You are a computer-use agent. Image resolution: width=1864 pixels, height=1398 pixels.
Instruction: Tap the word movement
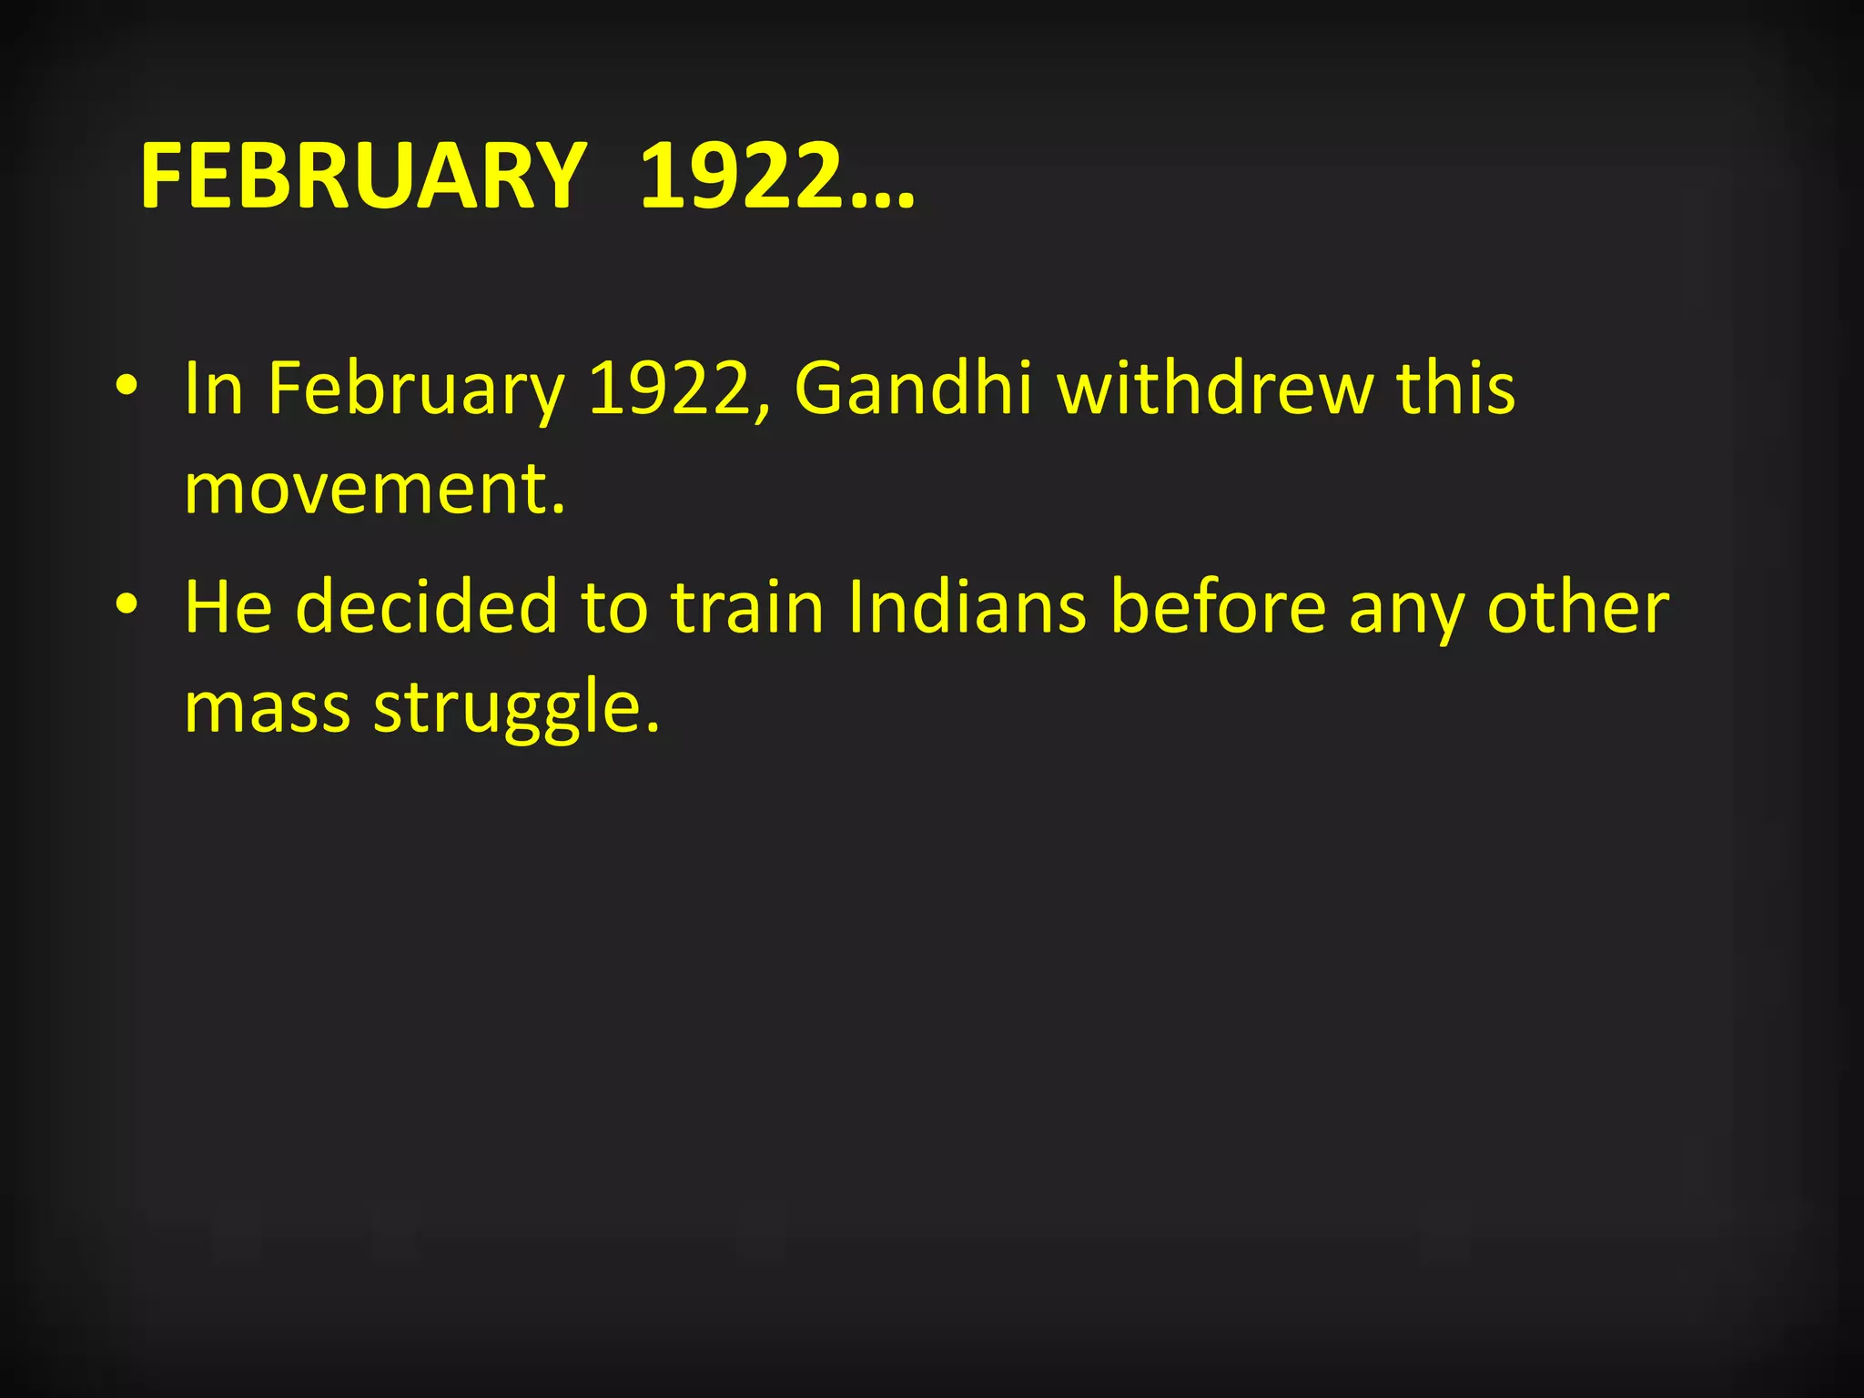pyautogui.click(x=374, y=489)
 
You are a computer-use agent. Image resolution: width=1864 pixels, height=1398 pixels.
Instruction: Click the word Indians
pyautogui.click(x=966, y=607)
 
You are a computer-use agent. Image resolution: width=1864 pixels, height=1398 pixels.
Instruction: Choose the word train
pyautogui.click(x=747, y=607)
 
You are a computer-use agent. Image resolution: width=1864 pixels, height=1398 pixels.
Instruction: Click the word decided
pyautogui.click(x=426, y=607)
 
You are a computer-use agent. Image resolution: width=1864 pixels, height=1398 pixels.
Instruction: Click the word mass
pyautogui.click(x=267, y=708)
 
